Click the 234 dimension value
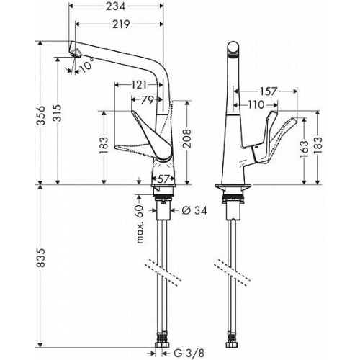(116, 6)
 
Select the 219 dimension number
(121, 24)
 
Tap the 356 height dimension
(41, 115)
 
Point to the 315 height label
(58, 113)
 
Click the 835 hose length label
(41, 258)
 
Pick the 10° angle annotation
(86, 65)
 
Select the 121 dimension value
(139, 85)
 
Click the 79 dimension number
(147, 100)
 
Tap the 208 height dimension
(187, 138)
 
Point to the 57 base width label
(163, 179)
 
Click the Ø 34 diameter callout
(194, 210)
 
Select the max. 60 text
(140, 225)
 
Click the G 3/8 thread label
(189, 353)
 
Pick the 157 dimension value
(268, 91)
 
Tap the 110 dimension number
(256, 104)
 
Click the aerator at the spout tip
(76, 55)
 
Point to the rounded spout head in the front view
(233, 50)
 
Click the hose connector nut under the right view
(232, 345)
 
